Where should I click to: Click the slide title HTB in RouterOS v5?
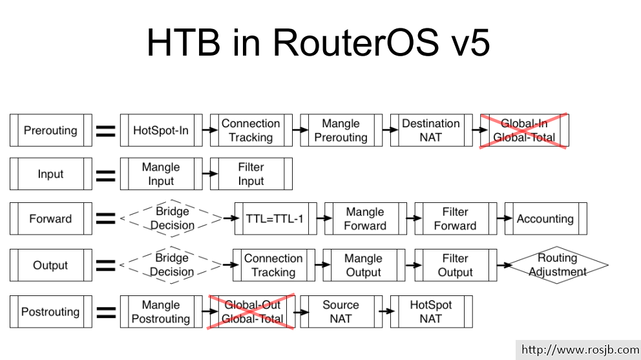coord(318,43)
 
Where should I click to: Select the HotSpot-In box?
coord(161,131)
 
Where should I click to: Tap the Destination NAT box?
coord(431,131)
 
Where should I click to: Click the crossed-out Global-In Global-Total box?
coord(524,131)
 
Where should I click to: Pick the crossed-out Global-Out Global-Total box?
coord(252,312)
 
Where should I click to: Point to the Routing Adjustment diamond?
coord(558,265)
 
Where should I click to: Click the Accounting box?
coord(545,218)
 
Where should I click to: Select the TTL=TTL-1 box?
coord(274,218)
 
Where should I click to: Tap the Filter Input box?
coord(251,175)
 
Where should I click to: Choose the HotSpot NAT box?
coord(431,312)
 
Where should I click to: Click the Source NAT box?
coord(341,312)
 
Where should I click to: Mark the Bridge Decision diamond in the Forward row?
coord(172,218)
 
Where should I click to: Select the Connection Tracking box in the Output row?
coord(274,265)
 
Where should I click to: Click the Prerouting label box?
coord(50,131)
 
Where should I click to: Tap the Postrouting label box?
coord(50,312)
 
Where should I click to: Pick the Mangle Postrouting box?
coord(161,312)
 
